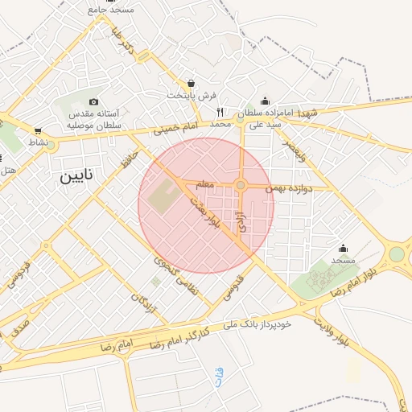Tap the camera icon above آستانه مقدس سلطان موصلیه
tap(94, 102)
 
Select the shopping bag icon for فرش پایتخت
tap(191, 83)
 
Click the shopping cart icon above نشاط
tap(38, 130)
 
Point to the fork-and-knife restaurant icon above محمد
tap(219, 113)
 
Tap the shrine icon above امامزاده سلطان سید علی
tap(265, 101)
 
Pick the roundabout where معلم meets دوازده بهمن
tap(240, 186)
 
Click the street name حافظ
tap(126, 159)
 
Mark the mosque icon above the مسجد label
tap(344, 248)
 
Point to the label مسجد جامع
tap(113, 9)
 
